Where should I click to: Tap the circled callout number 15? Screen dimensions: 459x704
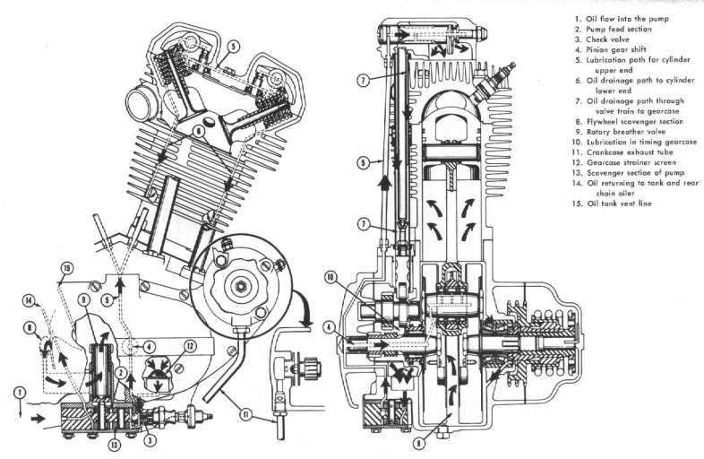click(67, 266)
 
